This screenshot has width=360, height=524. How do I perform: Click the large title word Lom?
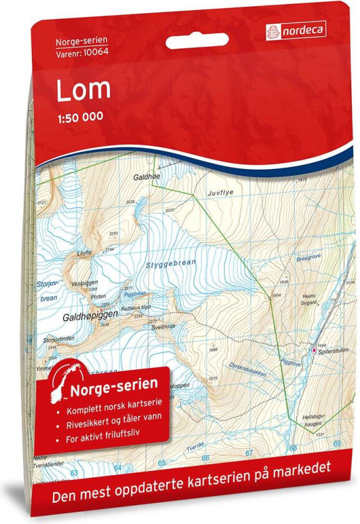(x=84, y=89)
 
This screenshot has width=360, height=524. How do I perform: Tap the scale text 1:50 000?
(x=80, y=117)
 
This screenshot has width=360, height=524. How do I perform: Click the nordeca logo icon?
(x=272, y=29)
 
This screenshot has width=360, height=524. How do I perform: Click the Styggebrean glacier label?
(x=170, y=264)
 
